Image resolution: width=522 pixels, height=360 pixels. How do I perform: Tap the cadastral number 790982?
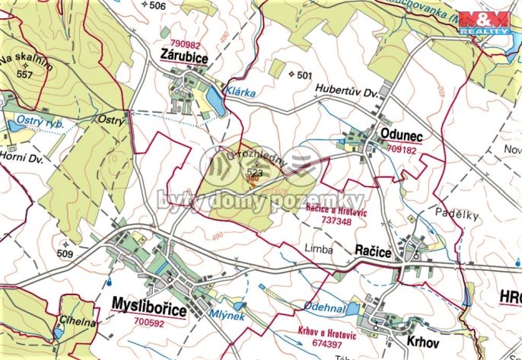[186, 43]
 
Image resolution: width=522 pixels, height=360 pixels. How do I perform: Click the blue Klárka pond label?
[238, 91]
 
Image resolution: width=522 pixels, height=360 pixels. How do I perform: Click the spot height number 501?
[305, 75]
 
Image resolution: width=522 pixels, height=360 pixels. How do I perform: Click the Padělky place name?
[457, 215]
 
